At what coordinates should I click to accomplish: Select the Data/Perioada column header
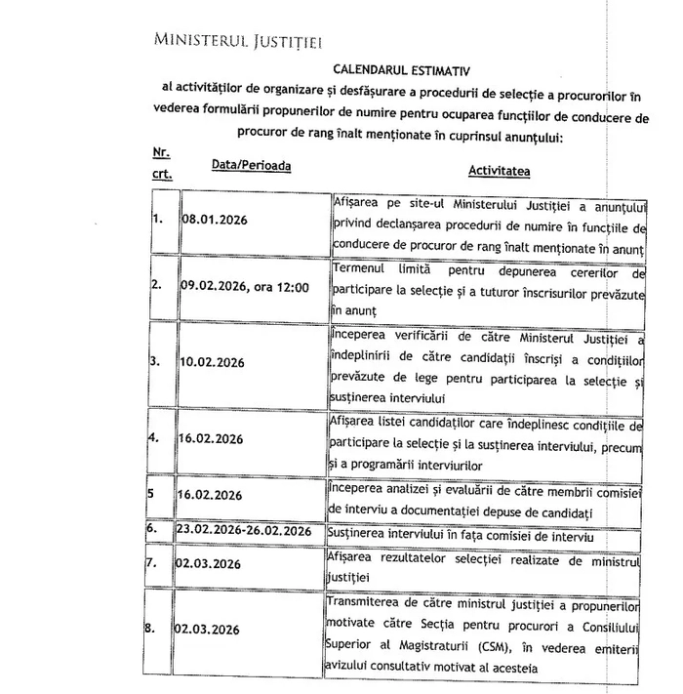pos(251,166)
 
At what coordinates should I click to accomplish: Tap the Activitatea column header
pos(499,171)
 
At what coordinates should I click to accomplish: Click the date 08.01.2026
pos(215,220)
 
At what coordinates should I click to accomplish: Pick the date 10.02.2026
pos(213,362)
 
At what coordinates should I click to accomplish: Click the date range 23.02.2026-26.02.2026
pos(244,530)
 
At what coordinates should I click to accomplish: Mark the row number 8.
pos(153,628)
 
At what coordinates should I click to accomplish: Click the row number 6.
pos(152,529)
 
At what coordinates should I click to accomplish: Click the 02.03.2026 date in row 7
pos(210,564)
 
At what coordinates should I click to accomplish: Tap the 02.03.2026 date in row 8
pos(210,630)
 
